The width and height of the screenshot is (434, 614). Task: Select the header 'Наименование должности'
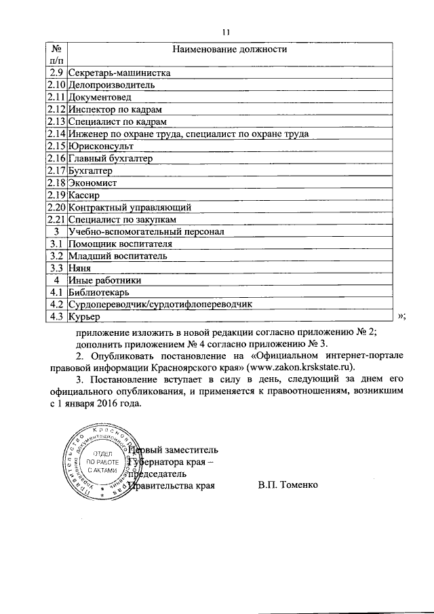tap(229, 50)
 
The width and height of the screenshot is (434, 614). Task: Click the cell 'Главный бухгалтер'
tap(111, 159)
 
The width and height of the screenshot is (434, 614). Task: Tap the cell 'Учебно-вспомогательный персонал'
tap(141, 232)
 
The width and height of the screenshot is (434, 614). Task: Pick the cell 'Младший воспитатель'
tap(117, 256)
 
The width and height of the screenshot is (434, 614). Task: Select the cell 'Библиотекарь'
tap(100, 293)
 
